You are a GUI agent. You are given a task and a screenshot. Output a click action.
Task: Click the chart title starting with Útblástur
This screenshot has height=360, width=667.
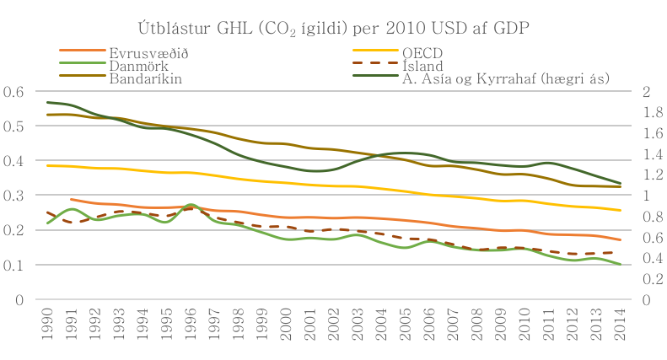tap(333, 29)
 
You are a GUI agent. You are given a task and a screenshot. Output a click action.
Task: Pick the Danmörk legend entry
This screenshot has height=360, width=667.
tap(132, 66)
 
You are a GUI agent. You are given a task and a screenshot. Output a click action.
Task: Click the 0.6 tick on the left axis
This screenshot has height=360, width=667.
tap(14, 91)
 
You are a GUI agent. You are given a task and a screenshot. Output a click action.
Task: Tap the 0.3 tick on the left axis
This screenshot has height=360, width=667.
tap(14, 196)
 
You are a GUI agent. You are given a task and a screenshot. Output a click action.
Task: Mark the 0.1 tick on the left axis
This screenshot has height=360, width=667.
tap(14, 265)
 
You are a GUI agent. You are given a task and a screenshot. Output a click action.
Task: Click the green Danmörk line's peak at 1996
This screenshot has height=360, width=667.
tap(191, 205)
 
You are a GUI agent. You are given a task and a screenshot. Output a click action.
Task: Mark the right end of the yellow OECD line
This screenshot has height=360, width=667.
tap(621, 211)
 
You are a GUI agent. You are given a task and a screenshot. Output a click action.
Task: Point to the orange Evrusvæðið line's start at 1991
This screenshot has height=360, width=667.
tap(72, 200)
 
